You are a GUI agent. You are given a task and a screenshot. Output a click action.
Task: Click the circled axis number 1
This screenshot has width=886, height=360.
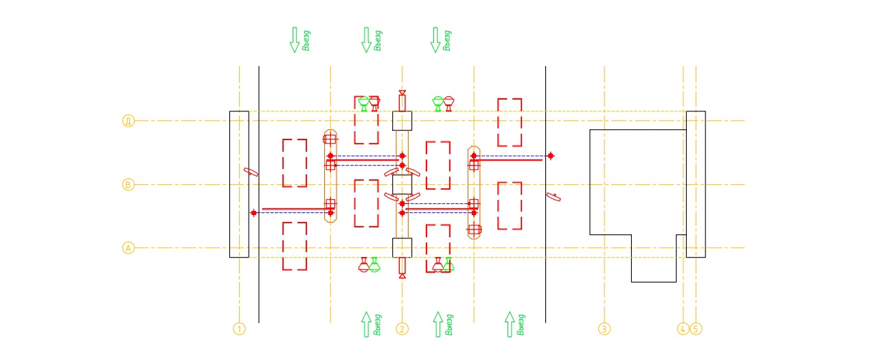pos(239,329)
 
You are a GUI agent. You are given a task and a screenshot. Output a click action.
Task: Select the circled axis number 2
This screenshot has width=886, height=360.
pos(402,329)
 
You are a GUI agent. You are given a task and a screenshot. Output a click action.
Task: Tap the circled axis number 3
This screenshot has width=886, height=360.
pos(604,329)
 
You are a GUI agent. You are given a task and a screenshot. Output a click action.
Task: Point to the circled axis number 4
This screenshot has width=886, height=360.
pos(683,329)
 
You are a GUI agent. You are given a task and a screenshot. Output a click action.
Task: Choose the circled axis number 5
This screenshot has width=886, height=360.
pos(696,329)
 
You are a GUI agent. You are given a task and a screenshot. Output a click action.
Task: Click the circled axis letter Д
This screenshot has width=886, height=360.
pos(128,121)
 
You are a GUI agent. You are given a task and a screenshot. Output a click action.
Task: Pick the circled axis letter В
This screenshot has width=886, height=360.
pos(128,184)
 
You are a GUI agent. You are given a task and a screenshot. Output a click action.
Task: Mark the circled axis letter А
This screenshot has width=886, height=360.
pos(128,248)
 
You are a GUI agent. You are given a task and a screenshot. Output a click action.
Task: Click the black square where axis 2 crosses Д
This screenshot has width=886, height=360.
pos(402,121)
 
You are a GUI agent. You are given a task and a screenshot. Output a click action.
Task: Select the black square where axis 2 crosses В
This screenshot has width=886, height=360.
pos(402,184)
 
